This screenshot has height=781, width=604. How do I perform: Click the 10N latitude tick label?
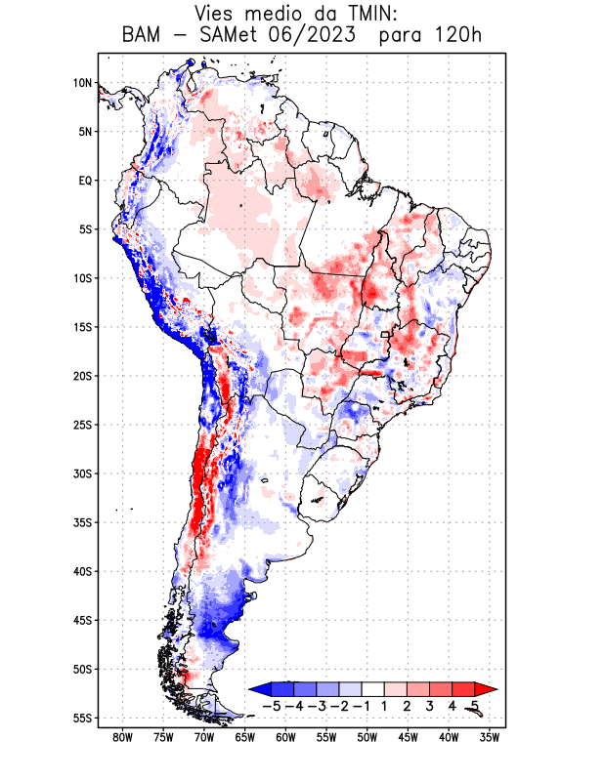click(82, 83)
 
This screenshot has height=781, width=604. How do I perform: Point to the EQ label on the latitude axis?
click(84, 181)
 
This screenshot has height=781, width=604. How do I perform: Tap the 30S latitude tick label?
click(82, 473)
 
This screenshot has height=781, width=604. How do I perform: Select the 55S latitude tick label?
click(82, 718)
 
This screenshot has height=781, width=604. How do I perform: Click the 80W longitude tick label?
click(123, 737)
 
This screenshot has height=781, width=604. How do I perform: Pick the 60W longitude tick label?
click(286, 737)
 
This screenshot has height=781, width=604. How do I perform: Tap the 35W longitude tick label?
click(490, 737)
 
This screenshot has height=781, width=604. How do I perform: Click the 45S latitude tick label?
click(82, 620)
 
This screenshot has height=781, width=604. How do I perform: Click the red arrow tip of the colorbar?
click(478, 689)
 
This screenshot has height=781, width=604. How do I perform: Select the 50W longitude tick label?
click(367, 737)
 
